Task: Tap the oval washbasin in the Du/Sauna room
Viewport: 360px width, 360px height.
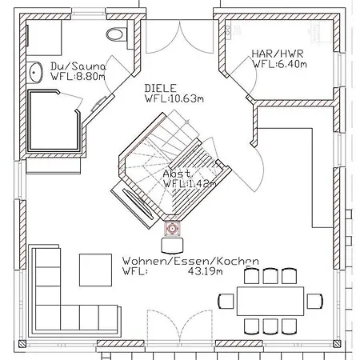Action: coord(35,72)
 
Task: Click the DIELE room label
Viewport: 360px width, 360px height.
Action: coord(160,88)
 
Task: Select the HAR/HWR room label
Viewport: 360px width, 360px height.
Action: coord(278,54)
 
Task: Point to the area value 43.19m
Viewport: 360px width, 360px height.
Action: coord(205,271)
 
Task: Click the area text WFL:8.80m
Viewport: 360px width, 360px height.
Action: coord(78,77)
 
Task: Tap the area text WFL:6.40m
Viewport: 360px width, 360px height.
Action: coord(279,64)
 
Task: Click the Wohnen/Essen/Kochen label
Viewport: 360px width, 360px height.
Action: coord(190,261)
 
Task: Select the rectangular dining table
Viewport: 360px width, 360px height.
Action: coord(270,301)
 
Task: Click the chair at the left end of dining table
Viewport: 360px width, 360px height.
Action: coord(226,301)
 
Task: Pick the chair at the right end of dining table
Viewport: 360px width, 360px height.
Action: coord(315,301)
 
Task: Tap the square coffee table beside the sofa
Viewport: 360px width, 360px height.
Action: coord(95,270)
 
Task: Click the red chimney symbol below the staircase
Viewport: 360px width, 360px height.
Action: coord(172,229)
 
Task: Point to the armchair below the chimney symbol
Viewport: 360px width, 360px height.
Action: coord(172,246)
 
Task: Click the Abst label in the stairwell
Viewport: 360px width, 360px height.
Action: coord(177,174)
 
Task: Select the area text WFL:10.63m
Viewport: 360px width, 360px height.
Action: coord(174,98)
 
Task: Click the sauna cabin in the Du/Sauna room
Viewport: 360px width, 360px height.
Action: coord(54,121)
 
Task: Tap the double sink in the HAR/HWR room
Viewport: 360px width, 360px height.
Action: coord(229,30)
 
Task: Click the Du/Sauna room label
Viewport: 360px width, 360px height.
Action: coord(78,66)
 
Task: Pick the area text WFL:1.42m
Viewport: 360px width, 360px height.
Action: coord(190,184)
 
